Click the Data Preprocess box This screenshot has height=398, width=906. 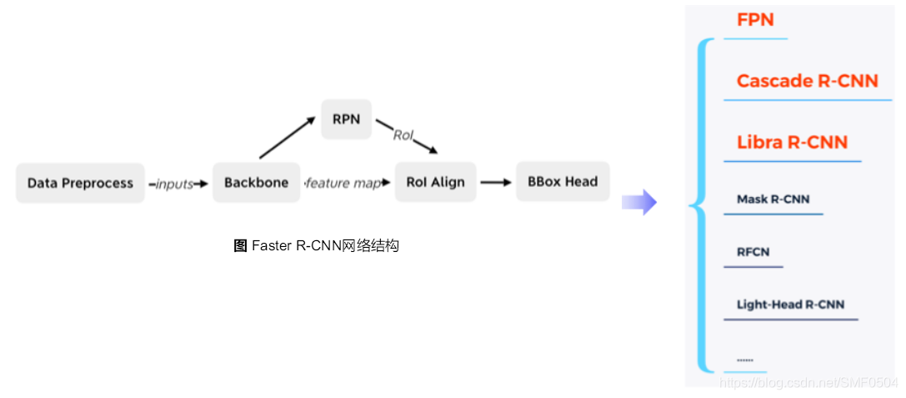[x=80, y=183]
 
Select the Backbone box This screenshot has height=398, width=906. [x=256, y=183]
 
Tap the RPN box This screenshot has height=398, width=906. [x=346, y=119]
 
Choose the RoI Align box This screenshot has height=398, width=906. [x=435, y=183]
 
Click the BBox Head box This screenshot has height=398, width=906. [x=563, y=181]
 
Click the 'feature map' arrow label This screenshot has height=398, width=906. [x=342, y=184]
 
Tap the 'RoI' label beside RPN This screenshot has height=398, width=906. [x=403, y=135]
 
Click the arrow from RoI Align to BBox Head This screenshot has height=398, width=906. [x=496, y=183]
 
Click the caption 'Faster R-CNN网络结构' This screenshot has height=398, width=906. [x=317, y=246]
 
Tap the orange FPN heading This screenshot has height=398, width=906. [x=755, y=20]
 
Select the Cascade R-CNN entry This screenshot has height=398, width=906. [x=807, y=81]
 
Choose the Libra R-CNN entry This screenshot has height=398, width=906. [x=792, y=142]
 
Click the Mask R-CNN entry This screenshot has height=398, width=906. [x=773, y=199]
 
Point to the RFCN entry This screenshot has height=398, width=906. [x=753, y=252]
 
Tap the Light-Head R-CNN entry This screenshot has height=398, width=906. [x=790, y=305]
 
